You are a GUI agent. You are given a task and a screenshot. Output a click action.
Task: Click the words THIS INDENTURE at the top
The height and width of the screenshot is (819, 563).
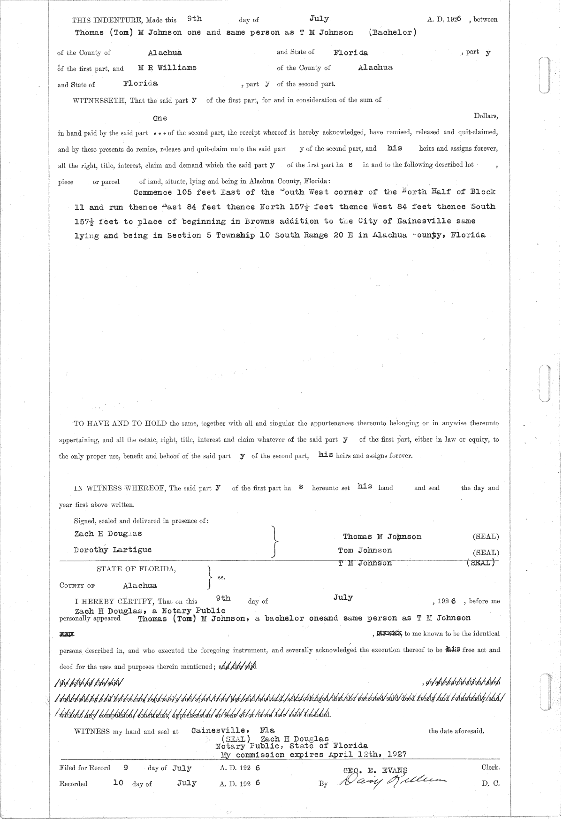(x=107, y=20)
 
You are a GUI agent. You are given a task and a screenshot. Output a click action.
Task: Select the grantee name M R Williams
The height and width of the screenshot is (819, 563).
(x=167, y=68)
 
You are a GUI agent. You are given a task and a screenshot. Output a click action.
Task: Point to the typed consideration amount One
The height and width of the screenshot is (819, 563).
(x=160, y=118)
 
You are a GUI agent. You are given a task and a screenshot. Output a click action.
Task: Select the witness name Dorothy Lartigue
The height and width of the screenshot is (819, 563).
(x=113, y=550)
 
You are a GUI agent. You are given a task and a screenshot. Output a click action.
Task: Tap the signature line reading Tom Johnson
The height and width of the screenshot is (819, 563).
(x=365, y=550)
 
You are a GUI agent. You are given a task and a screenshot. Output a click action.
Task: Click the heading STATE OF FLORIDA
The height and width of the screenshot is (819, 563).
(x=137, y=569)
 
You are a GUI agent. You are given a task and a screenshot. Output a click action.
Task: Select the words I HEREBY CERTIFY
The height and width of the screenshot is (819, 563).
(x=114, y=601)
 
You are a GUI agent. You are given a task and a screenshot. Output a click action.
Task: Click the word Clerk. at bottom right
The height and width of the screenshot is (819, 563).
(x=490, y=767)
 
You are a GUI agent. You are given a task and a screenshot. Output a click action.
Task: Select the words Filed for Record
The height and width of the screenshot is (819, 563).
(x=85, y=768)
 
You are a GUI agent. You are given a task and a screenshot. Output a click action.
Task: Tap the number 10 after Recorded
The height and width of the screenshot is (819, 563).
(x=118, y=783)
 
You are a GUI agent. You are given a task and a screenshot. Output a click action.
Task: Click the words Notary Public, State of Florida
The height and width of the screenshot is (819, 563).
(x=291, y=746)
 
